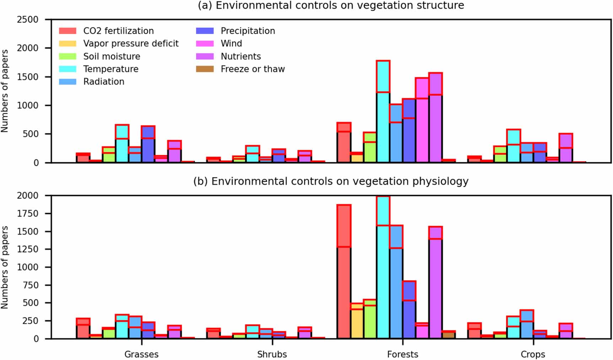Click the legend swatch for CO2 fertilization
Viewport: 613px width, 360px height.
tap(68, 31)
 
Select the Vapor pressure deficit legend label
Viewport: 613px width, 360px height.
tap(130, 43)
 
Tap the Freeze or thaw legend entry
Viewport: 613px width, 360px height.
tap(252, 69)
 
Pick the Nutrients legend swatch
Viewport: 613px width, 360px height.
tap(205, 56)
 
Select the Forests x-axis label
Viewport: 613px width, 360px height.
tap(402, 354)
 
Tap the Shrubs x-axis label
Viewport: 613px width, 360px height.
tap(272, 354)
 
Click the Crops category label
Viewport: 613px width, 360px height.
tap(533, 354)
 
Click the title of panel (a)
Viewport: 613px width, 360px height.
tap(330, 6)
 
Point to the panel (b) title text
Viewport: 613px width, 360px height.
tap(330, 181)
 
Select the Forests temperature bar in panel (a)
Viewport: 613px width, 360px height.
tap(383, 117)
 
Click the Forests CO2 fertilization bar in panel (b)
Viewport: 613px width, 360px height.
tap(344, 277)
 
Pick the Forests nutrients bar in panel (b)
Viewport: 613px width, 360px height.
tap(435, 284)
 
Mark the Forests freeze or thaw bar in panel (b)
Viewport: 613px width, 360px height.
tap(449, 335)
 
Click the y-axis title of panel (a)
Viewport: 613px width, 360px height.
tap(5, 91)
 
